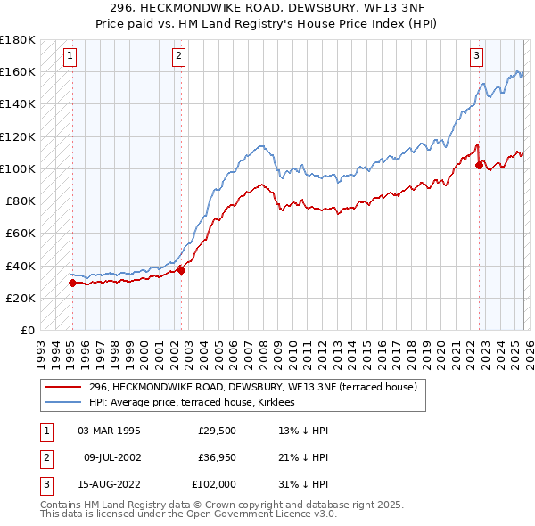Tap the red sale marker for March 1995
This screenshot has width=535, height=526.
click(x=72, y=283)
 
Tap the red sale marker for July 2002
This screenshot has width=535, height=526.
click(x=181, y=270)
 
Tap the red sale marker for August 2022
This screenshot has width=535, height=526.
click(x=479, y=165)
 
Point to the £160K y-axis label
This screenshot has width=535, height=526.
click(x=18, y=71)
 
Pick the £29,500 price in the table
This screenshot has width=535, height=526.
click(x=218, y=431)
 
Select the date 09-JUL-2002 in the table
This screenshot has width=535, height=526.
click(x=111, y=457)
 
